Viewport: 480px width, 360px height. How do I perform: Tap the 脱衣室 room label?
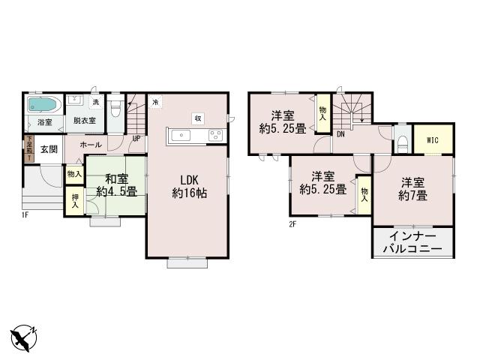[84, 120]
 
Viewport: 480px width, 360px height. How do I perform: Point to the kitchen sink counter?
[195, 135]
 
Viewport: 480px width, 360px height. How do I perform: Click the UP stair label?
[136, 138]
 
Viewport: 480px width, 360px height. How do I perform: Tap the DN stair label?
[340, 135]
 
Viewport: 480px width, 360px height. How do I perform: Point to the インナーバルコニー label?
[412, 241]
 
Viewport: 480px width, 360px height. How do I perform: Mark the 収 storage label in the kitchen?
[197, 118]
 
